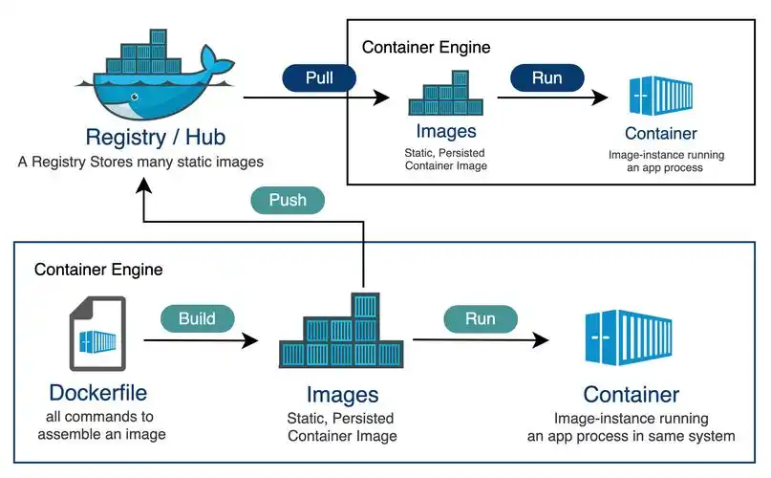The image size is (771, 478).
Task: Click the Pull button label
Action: point(319,77)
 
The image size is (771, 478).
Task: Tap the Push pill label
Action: point(288,201)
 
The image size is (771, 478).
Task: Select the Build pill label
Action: point(198,318)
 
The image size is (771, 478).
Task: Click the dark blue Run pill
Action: point(546,77)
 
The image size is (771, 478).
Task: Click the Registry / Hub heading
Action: point(142,136)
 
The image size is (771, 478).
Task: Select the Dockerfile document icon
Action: point(97,334)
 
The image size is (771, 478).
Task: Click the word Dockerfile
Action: point(98,392)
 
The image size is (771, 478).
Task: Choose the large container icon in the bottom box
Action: point(631,339)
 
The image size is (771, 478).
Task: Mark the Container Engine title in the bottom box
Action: point(98,270)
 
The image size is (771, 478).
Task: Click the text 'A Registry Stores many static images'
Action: point(140,162)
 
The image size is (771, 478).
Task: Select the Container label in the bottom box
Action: point(631,394)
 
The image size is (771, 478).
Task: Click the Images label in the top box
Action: point(445,132)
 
